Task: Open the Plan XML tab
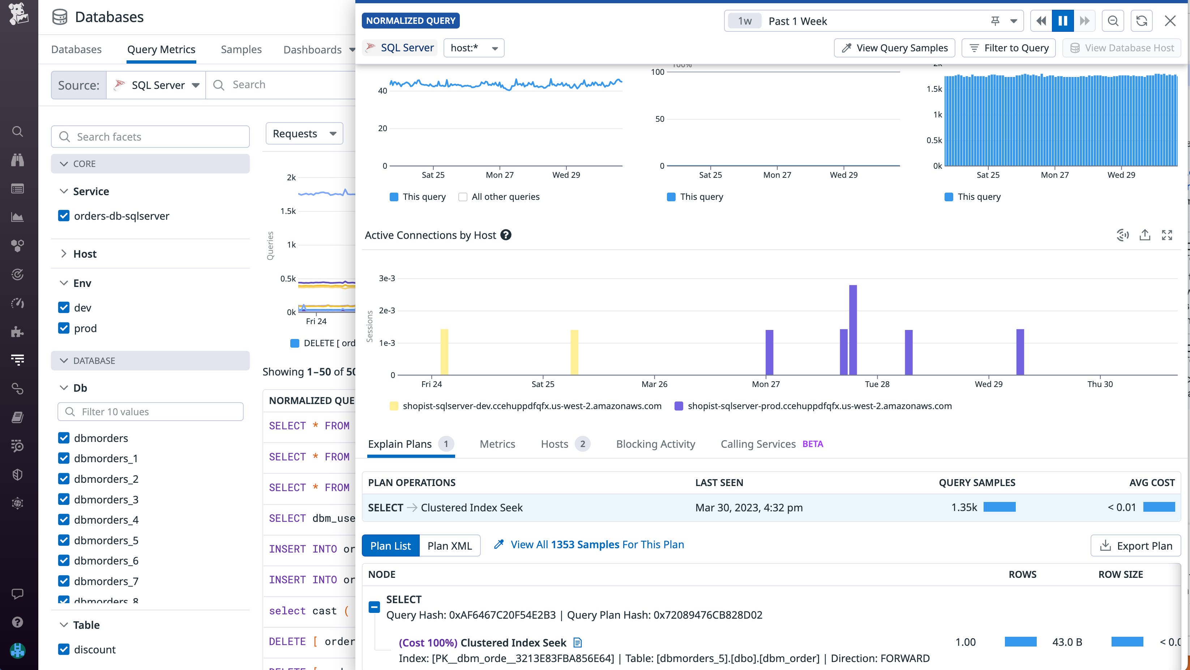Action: click(449, 546)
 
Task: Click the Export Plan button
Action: click(1135, 546)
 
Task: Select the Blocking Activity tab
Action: click(655, 444)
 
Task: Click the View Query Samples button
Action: click(894, 48)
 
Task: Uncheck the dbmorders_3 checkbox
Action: click(64, 499)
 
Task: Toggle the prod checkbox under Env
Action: click(64, 328)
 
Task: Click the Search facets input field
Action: click(150, 137)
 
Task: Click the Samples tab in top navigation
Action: click(241, 50)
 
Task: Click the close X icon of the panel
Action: click(1170, 21)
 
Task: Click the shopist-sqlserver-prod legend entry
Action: click(813, 406)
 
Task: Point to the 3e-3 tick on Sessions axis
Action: click(387, 278)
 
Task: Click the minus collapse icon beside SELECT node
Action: click(374, 607)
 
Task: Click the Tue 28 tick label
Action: click(877, 384)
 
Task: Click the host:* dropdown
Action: click(474, 48)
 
